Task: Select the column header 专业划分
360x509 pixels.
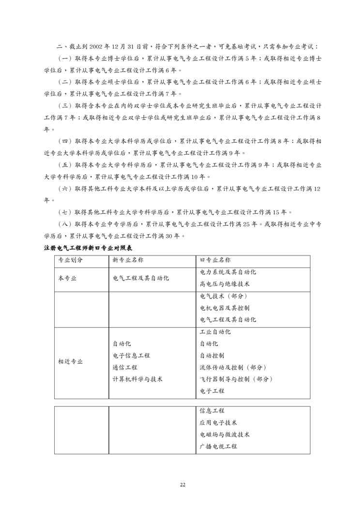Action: (70, 260)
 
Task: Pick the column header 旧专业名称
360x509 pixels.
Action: (215, 260)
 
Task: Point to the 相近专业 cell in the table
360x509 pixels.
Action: (70, 361)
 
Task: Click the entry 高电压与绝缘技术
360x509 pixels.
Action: (224, 284)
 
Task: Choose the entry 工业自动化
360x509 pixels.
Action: (215, 332)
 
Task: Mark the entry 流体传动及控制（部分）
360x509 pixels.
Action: (233, 367)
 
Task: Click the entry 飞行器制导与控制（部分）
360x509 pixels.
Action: (237, 379)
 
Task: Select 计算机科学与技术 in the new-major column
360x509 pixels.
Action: (137, 379)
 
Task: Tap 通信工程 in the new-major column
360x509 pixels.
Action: (125, 367)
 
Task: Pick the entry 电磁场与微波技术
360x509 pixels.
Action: (224, 434)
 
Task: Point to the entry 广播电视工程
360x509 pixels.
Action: (218, 447)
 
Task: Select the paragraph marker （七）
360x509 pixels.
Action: (64, 212)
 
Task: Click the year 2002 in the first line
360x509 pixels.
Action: (108, 47)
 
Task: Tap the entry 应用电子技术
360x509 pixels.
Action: (218, 422)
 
